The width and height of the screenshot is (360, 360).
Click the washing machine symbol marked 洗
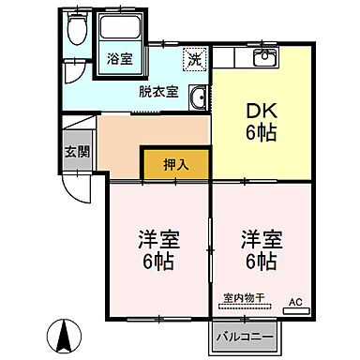tap(193, 59)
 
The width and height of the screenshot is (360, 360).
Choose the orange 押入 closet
tap(175, 162)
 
